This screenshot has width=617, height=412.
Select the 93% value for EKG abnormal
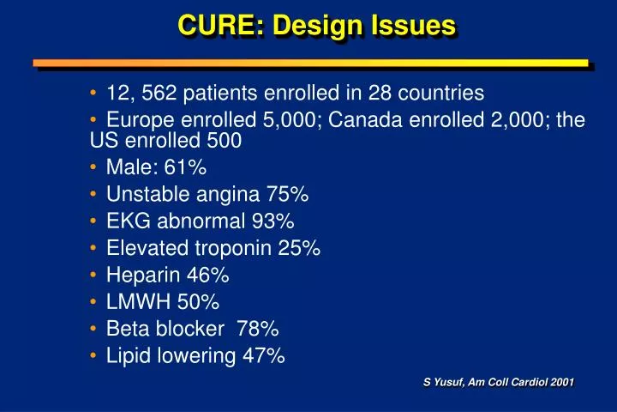[273, 222]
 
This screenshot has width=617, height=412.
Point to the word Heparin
[139, 276]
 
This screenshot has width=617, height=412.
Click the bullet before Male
[94, 168]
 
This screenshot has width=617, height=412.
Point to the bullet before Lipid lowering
[94, 355]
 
